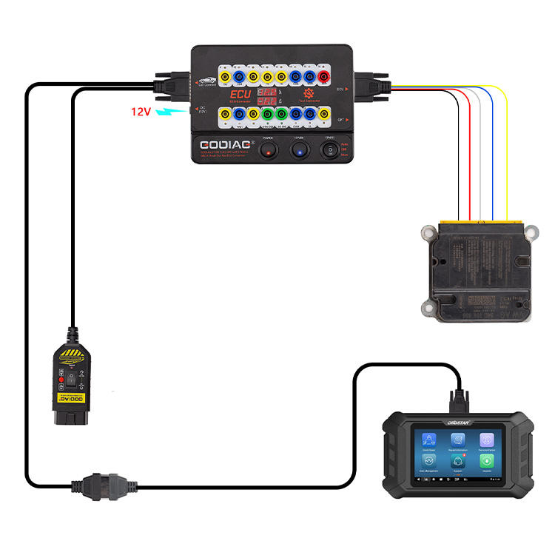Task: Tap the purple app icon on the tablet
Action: pyautogui.click(x=486, y=440)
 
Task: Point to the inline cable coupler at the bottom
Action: pyautogui.click(x=96, y=487)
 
